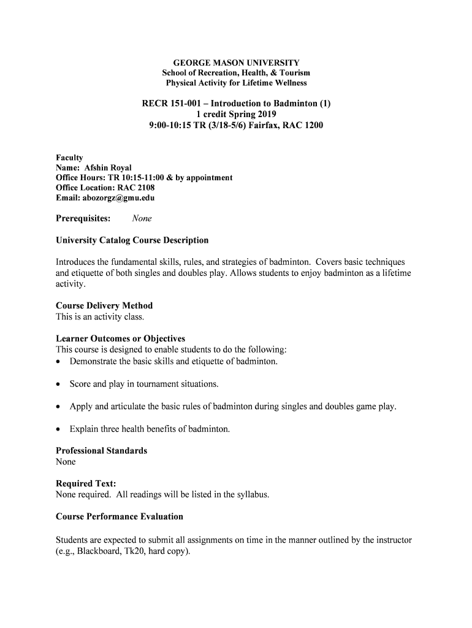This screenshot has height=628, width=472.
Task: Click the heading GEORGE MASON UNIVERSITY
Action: (x=236, y=63)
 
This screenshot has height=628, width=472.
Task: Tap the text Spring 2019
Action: (x=253, y=114)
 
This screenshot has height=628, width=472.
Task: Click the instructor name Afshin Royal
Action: (x=107, y=168)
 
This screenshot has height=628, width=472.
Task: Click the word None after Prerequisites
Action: (x=142, y=218)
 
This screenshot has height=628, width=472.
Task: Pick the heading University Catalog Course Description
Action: (x=132, y=240)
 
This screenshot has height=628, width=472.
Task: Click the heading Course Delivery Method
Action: (x=104, y=305)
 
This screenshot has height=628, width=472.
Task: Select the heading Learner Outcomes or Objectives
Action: (x=120, y=339)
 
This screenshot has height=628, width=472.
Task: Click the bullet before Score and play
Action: (x=59, y=385)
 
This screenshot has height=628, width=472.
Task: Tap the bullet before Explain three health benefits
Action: (x=59, y=429)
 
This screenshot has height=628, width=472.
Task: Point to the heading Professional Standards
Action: (x=101, y=451)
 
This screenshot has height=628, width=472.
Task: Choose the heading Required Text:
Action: (x=86, y=483)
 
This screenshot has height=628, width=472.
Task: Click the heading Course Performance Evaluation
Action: (x=120, y=516)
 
